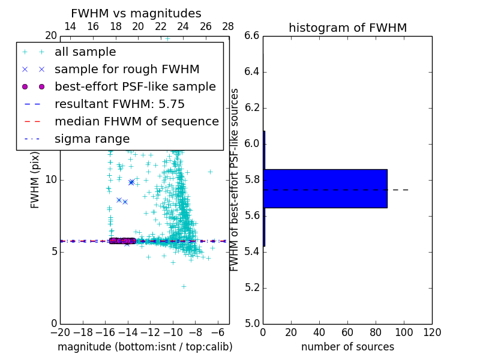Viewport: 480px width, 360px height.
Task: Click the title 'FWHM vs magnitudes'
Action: click(x=136, y=13)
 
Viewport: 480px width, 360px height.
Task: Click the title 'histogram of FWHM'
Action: click(x=347, y=28)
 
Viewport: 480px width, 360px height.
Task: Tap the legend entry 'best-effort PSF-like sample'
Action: click(x=135, y=86)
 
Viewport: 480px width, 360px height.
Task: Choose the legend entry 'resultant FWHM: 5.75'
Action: click(x=119, y=104)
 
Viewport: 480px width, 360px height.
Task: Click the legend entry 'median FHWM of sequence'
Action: click(x=136, y=121)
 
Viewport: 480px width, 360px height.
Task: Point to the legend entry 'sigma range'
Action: click(x=92, y=139)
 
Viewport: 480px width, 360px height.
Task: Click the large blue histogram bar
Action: click(x=325, y=188)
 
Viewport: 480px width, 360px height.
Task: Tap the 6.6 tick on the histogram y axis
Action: click(x=252, y=36)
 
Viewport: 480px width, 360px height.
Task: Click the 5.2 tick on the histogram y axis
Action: click(x=252, y=287)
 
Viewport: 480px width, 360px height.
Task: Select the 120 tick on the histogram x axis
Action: click(x=432, y=332)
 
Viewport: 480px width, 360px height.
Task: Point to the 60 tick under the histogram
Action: click(x=347, y=332)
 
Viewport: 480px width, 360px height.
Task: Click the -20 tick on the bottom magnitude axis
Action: click(x=60, y=332)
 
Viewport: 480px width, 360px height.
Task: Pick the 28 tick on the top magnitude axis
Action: click(x=228, y=26)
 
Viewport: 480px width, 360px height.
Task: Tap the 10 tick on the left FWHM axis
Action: click(x=51, y=179)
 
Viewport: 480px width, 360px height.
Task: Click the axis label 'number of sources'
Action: click(x=347, y=347)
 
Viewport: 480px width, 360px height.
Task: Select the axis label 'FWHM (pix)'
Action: click(x=35, y=179)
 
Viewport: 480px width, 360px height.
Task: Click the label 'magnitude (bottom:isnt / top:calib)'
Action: click(x=145, y=347)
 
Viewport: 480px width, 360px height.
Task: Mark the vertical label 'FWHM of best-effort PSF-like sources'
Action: click(x=235, y=179)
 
